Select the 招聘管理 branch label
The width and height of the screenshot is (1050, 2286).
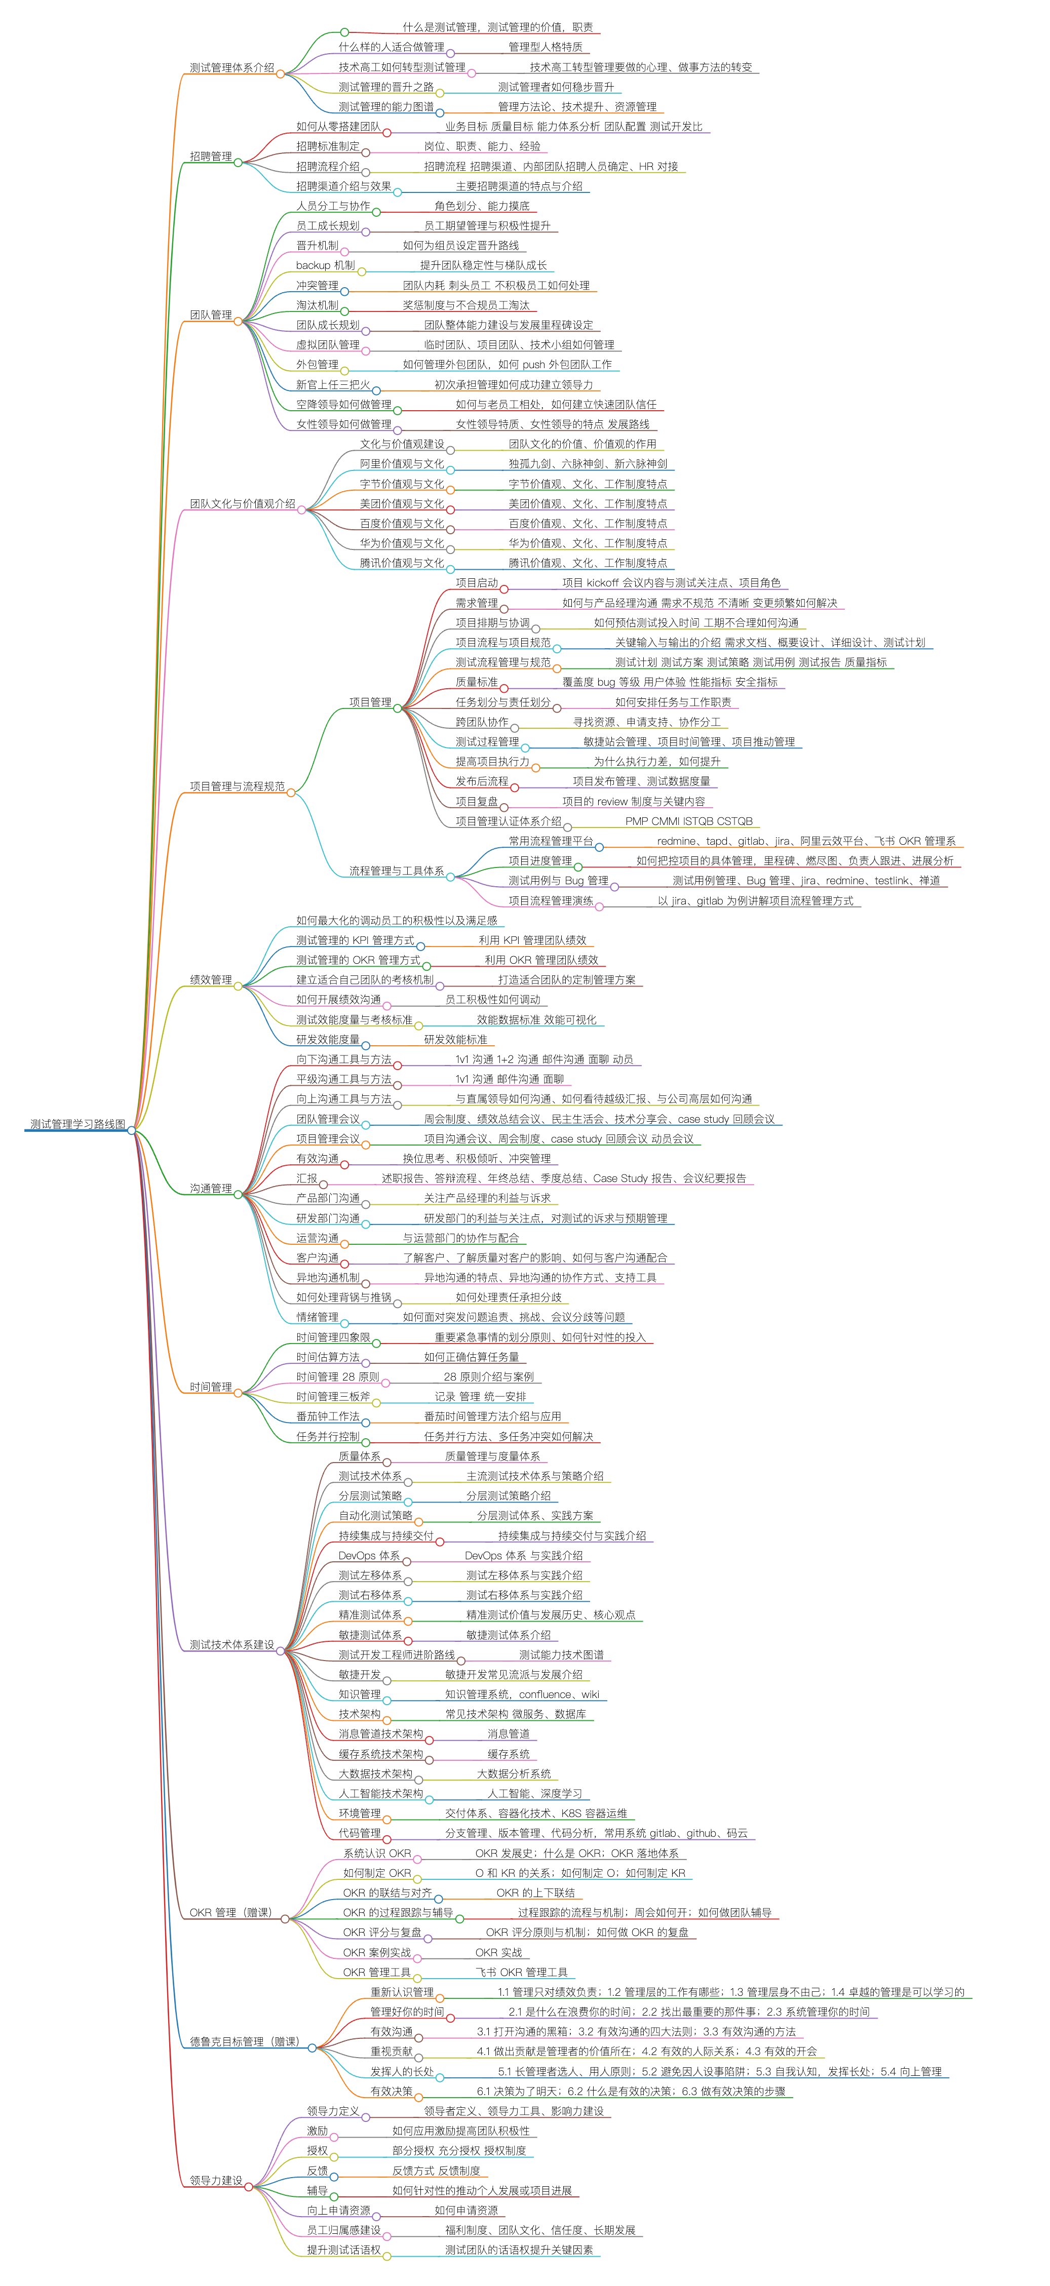click(x=210, y=156)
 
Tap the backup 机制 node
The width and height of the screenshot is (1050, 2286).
click(x=325, y=265)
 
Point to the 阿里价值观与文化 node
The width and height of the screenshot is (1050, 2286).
click(x=401, y=463)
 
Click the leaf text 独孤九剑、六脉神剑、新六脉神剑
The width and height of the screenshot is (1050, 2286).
click(x=588, y=463)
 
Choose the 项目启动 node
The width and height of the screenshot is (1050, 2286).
click(x=477, y=583)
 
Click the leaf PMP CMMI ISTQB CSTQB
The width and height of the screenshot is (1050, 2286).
click(x=689, y=821)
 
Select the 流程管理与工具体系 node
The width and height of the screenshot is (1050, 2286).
click(x=396, y=871)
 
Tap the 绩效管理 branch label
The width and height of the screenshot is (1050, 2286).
click(x=210, y=980)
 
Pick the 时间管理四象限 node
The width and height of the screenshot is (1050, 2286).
click(x=333, y=1336)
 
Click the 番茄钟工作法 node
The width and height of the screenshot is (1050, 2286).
click(x=328, y=1416)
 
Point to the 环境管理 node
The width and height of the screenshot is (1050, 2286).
click(x=360, y=1813)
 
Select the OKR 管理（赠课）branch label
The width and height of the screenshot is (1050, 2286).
click(x=231, y=1912)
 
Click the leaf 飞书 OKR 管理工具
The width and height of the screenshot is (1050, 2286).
click(x=521, y=1972)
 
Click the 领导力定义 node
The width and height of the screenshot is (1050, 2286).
click(x=333, y=2111)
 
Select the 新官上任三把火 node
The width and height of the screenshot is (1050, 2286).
click(x=333, y=384)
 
